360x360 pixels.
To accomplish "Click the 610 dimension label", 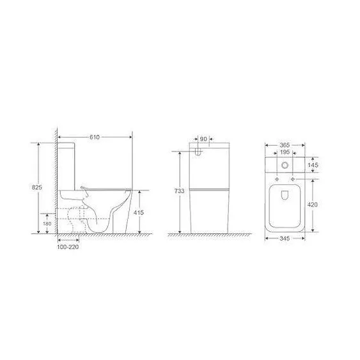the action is pos(95,137).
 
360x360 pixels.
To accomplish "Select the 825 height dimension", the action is pos(36,187).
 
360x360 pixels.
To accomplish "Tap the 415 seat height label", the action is pos(139,212).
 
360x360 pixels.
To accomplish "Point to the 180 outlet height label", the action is pos(47,224).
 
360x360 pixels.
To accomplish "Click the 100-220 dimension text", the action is pos(68,247).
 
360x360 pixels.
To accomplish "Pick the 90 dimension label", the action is pos(203,139).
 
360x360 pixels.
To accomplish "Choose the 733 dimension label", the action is pos(179,191).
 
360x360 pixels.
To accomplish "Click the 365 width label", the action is pos(285,145).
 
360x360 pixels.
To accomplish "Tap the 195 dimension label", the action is pos(285,152).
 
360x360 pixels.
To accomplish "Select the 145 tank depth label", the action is pos(313,165).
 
